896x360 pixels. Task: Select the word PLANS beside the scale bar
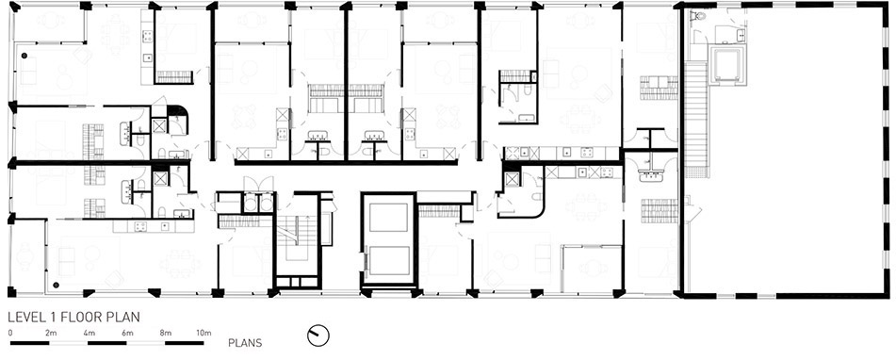tap(245, 343)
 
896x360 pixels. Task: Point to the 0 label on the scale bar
tap(10, 333)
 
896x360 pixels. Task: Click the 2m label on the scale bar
tap(51, 333)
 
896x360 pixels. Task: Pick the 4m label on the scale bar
tap(90, 333)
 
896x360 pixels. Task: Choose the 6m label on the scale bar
tap(127, 333)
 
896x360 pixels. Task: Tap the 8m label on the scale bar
tap(166, 333)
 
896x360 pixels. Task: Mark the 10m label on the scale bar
tap(204, 333)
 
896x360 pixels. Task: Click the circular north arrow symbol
tap(318, 335)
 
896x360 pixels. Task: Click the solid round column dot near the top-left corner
tap(24, 56)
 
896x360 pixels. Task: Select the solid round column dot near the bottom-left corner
tap(56, 284)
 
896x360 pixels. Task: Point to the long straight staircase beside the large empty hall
tap(696, 120)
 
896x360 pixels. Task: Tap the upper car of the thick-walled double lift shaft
tap(389, 217)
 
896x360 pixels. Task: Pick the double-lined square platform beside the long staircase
tap(726, 64)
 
